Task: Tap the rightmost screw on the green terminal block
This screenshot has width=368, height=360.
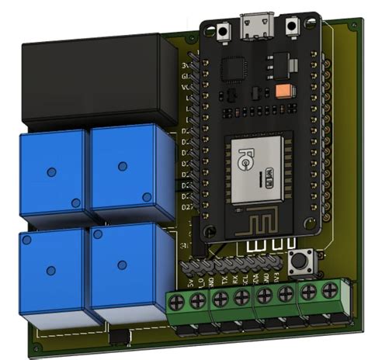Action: [x=330, y=292]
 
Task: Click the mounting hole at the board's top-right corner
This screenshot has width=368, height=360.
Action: [x=338, y=33]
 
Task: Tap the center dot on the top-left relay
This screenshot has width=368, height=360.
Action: [x=50, y=171]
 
